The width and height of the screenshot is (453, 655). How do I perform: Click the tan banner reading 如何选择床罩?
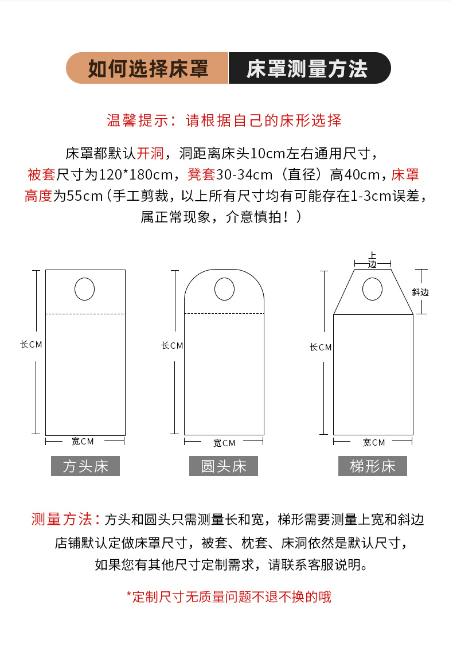[147, 68]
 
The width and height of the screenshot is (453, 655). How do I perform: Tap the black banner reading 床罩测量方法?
[310, 68]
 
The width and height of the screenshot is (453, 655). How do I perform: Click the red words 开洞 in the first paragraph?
[150, 154]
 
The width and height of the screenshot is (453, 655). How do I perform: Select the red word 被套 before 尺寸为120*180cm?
[41, 174]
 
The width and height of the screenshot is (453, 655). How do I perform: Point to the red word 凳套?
[201, 174]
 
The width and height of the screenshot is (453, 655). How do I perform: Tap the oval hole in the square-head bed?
[84, 289]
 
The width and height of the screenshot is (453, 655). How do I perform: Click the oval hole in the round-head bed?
[224, 289]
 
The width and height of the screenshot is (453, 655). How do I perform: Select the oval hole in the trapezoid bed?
[372, 289]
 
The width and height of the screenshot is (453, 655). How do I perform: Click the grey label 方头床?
[85, 466]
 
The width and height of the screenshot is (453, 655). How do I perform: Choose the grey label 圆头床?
[224, 466]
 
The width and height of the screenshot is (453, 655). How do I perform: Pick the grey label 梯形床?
[373, 466]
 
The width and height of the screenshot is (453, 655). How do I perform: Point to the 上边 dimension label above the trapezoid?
[372, 260]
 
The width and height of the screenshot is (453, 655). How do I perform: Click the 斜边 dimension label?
[420, 293]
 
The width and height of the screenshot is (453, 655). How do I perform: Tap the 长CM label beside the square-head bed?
[32, 345]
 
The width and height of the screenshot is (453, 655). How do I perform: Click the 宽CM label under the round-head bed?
[224, 443]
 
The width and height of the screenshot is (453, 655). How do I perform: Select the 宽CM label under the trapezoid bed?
[374, 442]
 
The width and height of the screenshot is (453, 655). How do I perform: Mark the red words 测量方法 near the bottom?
[61, 519]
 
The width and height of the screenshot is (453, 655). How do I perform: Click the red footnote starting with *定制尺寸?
[229, 597]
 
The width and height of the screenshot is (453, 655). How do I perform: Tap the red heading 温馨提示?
[137, 120]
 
